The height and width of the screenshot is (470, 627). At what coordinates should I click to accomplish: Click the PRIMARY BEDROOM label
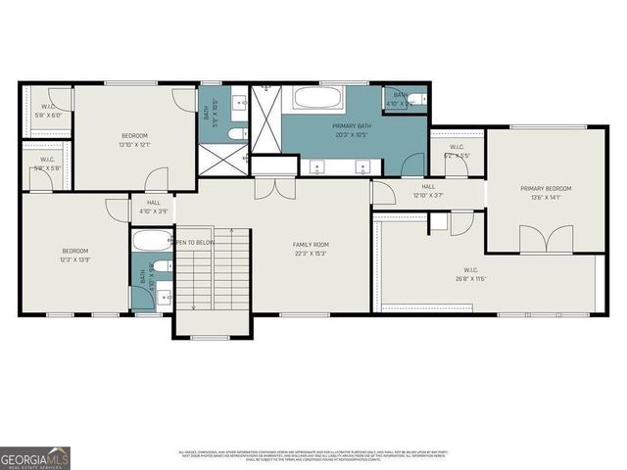[x=546, y=189]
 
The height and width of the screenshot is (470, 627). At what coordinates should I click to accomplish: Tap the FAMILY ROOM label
[x=311, y=244]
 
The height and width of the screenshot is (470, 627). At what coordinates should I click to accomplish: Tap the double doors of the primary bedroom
[x=546, y=239]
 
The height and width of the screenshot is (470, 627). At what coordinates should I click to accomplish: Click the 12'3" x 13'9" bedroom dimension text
[x=75, y=259]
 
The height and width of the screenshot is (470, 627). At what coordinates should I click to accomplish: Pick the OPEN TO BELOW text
[x=194, y=242]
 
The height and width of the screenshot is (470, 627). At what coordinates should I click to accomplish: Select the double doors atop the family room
[x=273, y=188]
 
